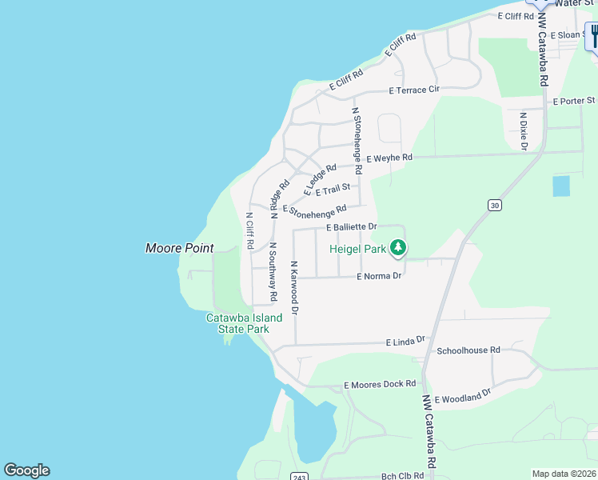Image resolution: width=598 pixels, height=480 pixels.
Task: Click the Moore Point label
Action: tap(179, 248)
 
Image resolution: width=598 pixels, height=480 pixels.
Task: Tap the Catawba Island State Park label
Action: tap(244, 323)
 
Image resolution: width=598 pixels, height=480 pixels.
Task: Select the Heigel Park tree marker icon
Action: tap(397, 249)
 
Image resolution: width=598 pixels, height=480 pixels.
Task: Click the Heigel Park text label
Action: tap(358, 249)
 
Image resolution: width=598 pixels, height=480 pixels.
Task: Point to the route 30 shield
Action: tap(495, 206)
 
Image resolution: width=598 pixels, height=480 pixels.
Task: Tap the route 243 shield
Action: tap(297, 477)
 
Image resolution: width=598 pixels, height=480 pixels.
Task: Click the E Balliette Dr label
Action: tap(351, 227)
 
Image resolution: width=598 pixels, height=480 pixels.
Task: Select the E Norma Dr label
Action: tap(379, 276)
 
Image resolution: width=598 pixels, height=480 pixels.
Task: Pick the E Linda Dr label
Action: tap(405, 342)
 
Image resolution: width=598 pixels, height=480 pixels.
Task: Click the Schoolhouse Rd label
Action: tap(468, 350)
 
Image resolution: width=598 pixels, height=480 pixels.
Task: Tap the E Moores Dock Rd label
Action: tap(380, 385)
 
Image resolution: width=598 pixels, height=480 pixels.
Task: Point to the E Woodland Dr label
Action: tap(463, 397)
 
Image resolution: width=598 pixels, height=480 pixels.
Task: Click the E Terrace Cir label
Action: tap(414, 90)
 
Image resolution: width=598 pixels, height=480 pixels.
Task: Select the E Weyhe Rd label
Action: tap(389, 158)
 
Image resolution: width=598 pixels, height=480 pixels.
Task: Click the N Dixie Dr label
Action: tap(524, 130)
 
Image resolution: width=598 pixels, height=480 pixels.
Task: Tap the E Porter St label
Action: tap(574, 101)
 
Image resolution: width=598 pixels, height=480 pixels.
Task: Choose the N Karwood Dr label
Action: tap(294, 286)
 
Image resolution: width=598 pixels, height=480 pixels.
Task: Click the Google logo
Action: tap(26, 470)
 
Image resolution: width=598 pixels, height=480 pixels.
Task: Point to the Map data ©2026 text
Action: tap(564, 474)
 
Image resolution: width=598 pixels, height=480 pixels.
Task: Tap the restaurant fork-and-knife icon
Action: tap(593, 35)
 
